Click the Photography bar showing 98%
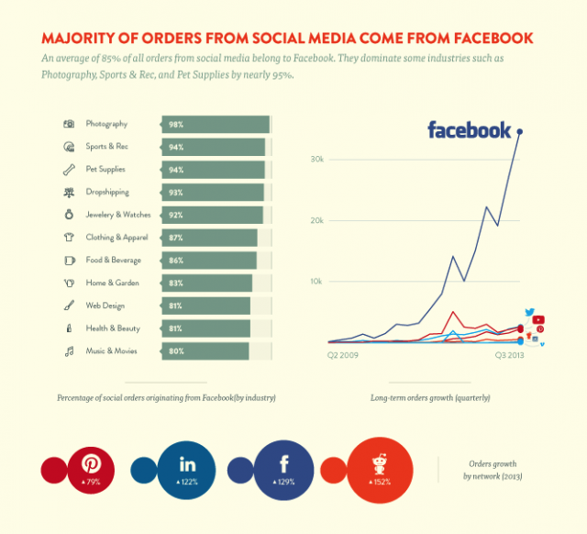(x=216, y=124)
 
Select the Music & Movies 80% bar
(x=205, y=350)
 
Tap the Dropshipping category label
(x=107, y=192)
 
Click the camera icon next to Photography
(x=68, y=124)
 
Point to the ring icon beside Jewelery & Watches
(x=68, y=215)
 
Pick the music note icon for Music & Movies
(x=68, y=350)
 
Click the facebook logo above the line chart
(x=469, y=129)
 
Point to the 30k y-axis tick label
(x=316, y=159)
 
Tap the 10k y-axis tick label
(x=316, y=281)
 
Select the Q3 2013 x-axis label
(x=512, y=352)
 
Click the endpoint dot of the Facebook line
(x=520, y=132)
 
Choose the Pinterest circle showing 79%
(x=91, y=468)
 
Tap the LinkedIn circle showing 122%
(x=186, y=469)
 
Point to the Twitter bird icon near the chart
(x=529, y=313)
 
